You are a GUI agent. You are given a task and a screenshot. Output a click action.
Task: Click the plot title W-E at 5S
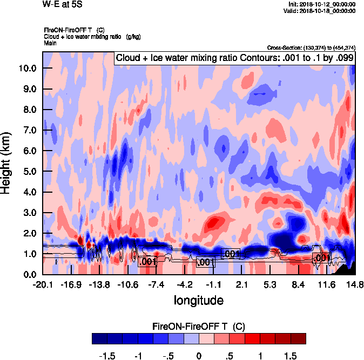pyautogui.click(x=62, y=4)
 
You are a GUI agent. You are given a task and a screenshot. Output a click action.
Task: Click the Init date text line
pyautogui.click(x=322, y=4)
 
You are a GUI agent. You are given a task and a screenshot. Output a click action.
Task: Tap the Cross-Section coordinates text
pyautogui.click(x=311, y=47)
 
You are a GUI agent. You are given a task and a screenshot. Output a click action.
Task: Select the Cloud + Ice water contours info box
pyautogui.click(x=234, y=58)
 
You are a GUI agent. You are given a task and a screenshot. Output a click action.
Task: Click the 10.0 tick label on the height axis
pyautogui.click(x=26, y=69)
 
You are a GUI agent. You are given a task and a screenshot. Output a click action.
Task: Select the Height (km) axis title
pyautogui.click(x=7, y=162)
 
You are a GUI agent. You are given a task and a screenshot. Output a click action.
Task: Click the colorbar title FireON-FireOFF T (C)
pyautogui.click(x=199, y=327)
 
